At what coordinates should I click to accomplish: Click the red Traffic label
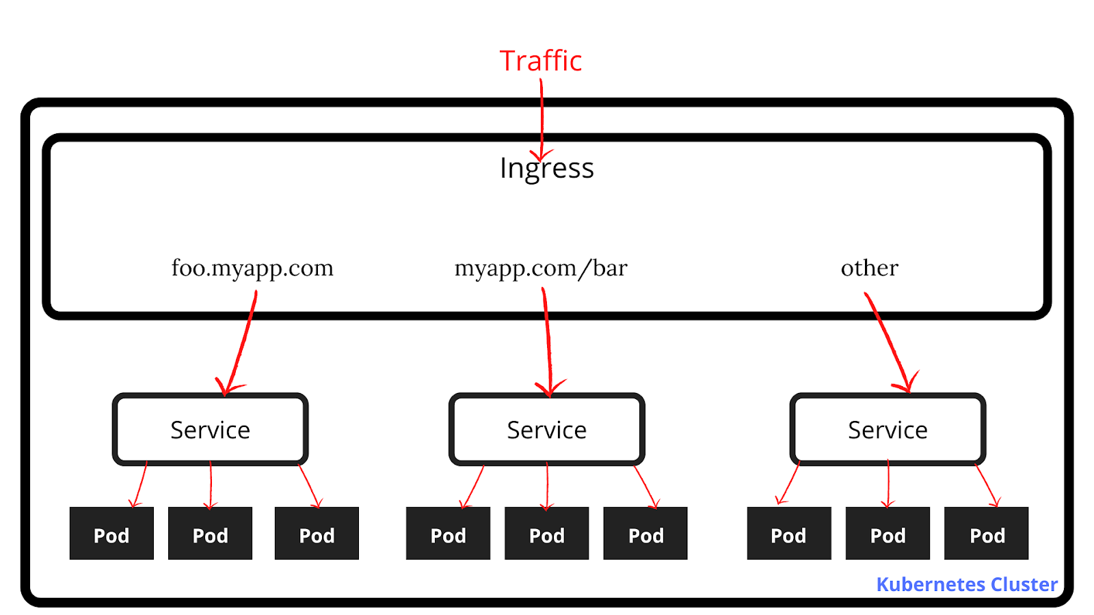tap(540, 61)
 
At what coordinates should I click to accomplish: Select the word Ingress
tap(546, 168)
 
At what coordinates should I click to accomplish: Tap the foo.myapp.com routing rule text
tap(252, 268)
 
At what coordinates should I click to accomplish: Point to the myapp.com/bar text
tap(541, 268)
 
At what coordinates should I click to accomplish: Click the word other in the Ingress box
tap(869, 268)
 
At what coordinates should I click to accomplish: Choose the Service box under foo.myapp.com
tap(210, 430)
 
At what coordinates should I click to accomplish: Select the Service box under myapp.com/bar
tap(546, 430)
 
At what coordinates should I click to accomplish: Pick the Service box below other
tap(888, 430)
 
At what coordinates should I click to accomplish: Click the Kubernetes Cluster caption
tap(967, 584)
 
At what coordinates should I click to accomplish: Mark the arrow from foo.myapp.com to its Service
tap(241, 342)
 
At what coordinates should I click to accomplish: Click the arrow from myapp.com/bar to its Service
tap(548, 342)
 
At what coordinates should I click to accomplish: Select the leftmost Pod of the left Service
tap(111, 534)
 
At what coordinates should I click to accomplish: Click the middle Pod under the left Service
tap(210, 534)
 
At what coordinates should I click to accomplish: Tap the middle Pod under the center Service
tap(546, 534)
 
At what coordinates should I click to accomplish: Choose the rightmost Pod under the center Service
tap(645, 534)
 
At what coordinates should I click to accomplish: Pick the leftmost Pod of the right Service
tap(788, 534)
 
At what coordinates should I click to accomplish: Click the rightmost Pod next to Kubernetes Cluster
tap(987, 534)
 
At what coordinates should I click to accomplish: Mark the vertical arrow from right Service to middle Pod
tap(888, 484)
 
